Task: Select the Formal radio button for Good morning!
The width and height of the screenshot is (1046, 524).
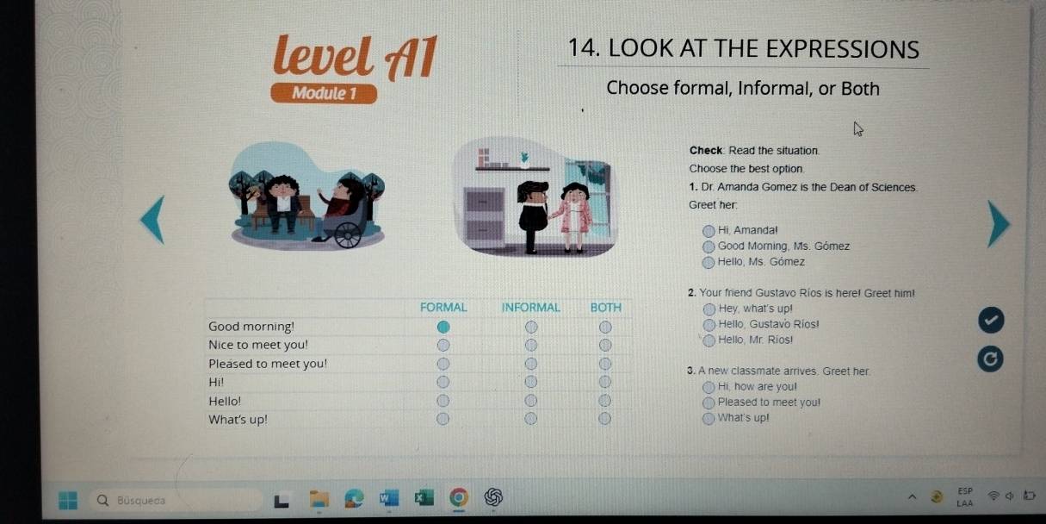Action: point(443,327)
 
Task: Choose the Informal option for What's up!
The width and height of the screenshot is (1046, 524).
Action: point(530,418)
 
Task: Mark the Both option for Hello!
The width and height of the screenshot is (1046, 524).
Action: point(604,401)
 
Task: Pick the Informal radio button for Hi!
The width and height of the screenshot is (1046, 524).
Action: point(530,382)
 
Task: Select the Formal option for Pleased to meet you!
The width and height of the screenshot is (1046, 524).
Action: point(443,364)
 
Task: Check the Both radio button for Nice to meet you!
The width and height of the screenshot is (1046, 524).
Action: point(605,345)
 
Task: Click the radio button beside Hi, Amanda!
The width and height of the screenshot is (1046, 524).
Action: point(709,231)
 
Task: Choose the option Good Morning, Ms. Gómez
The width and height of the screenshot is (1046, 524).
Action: point(709,246)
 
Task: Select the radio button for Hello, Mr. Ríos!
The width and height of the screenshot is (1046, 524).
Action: point(709,340)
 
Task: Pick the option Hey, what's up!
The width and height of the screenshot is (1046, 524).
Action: point(709,309)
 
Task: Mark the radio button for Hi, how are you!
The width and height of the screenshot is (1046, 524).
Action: point(709,387)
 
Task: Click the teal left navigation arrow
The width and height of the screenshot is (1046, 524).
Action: point(153,220)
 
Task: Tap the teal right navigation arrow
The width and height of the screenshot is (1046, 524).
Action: point(999,224)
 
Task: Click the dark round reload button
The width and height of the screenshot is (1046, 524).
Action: point(990,359)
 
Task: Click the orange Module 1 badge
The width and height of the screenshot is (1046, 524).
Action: point(324,93)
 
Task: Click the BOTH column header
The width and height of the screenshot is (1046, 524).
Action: point(606,308)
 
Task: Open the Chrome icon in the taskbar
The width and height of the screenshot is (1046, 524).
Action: point(459,497)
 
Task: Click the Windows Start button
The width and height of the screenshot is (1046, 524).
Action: point(68,500)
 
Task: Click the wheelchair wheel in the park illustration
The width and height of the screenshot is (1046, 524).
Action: point(348,235)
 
